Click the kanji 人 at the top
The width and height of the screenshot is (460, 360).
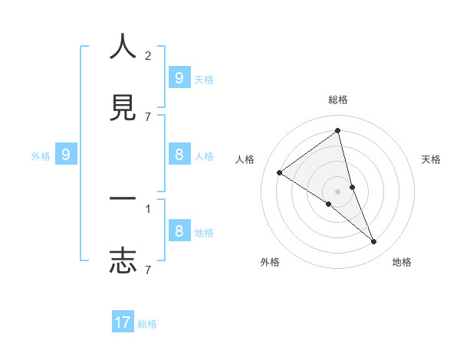coord(123,48)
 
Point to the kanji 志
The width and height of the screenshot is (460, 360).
coord(123,260)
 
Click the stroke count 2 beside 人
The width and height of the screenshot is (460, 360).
coord(148,56)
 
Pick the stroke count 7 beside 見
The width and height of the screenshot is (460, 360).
coord(148,116)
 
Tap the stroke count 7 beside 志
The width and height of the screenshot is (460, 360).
coord(148,270)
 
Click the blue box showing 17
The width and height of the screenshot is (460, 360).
coord(123,322)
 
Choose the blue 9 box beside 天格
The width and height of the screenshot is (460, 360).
coord(179,77)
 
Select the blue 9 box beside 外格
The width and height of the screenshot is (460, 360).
coord(66,155)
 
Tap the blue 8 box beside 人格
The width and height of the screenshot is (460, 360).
coord(179,155)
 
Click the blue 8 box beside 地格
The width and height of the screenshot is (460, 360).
coord(179,231)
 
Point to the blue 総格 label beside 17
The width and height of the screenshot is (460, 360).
coord(147,324)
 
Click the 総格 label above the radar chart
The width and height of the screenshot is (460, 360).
coord(338,100)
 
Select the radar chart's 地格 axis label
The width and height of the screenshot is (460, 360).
coord(402,262)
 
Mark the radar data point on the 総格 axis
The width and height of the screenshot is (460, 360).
coord(338,131)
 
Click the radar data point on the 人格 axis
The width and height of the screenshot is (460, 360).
coord(279,172)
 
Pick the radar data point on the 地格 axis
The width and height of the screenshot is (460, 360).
coord(374,241)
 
